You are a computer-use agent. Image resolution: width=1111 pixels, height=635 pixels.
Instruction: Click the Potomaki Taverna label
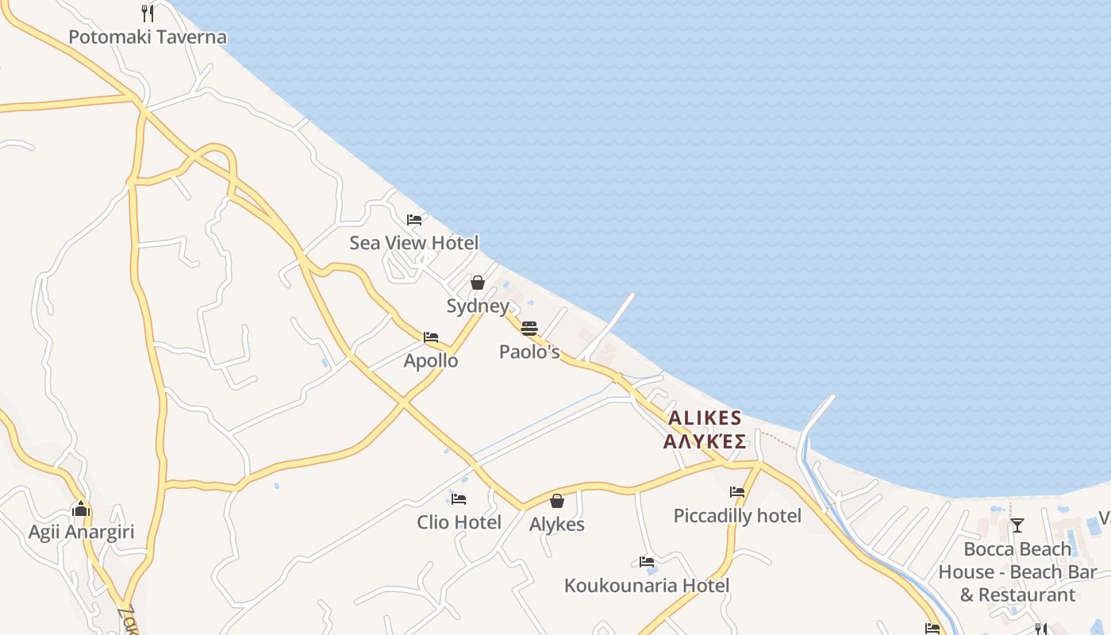(x=148, y=37)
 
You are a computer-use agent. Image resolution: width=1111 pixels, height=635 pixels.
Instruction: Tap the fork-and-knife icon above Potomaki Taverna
(x=147, y=13)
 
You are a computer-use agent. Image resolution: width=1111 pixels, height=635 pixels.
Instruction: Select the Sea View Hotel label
(x=413, y=243)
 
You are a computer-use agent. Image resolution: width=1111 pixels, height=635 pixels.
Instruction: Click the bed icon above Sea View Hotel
(x=413, y=220)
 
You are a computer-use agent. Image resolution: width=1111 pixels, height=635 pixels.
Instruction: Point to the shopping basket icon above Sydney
(x=478, y=283)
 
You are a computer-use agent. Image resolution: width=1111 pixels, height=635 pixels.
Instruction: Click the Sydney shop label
(x=478, y=306)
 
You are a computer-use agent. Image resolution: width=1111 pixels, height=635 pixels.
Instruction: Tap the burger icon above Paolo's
(x=529, y=329)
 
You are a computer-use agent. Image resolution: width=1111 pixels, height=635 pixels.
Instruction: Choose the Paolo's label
(x=529, y=352)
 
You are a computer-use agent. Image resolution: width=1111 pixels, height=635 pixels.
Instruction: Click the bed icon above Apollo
(x=431, y=337)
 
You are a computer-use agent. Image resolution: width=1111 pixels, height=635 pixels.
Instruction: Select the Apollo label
(x=431, y=360)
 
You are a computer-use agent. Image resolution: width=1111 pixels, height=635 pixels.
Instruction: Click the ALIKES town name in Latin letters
(x=705, y=418)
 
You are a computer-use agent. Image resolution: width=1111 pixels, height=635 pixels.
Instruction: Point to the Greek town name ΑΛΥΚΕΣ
(x=705, y=441)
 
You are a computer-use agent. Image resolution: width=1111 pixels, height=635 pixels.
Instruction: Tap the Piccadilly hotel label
(x=737, y=516)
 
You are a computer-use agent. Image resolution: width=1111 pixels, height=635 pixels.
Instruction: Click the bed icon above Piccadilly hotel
(x=737, y=492)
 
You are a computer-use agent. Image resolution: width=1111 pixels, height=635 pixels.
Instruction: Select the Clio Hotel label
(x=459, y=522)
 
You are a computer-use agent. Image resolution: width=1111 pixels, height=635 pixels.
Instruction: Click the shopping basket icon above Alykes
(x=557, y=501)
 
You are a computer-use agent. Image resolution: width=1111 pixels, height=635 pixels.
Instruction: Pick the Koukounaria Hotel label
(x=646, y=586)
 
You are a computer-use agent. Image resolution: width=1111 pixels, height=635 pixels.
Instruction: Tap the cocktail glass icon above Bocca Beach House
(x=1017, y=525)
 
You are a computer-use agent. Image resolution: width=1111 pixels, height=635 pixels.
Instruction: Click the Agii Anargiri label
(x=81, y=532)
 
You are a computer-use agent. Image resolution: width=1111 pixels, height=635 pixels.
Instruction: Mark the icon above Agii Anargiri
(x=81, y=510)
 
